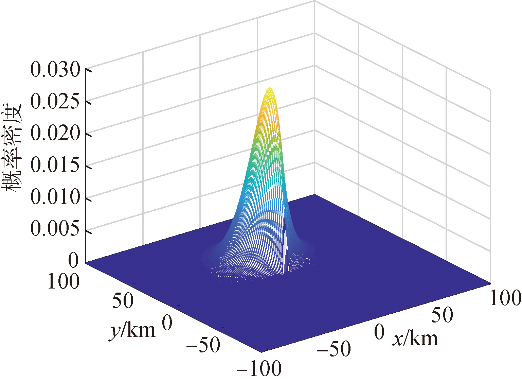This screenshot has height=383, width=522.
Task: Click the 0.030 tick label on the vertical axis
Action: click(x=55, y=70)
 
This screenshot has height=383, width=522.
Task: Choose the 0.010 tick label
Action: click(x=55, y=197)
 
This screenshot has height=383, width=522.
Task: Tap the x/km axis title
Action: click(x=415, y=338)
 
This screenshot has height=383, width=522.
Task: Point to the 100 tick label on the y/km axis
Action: click(x=64, y=281)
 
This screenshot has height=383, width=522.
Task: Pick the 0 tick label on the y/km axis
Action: click(x=167, y=323)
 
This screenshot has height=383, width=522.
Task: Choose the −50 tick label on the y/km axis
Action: click(x=203, y=345)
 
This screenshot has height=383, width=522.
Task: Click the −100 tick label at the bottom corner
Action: click(x=259, y=368)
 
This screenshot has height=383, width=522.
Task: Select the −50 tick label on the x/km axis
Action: click(x=334, y=349)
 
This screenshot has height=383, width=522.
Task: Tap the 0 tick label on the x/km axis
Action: click(x=379, y=332)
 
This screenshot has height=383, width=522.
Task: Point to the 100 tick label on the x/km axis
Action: click(x=505, y=298)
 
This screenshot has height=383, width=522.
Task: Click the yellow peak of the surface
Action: click(x=270, y=89)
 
